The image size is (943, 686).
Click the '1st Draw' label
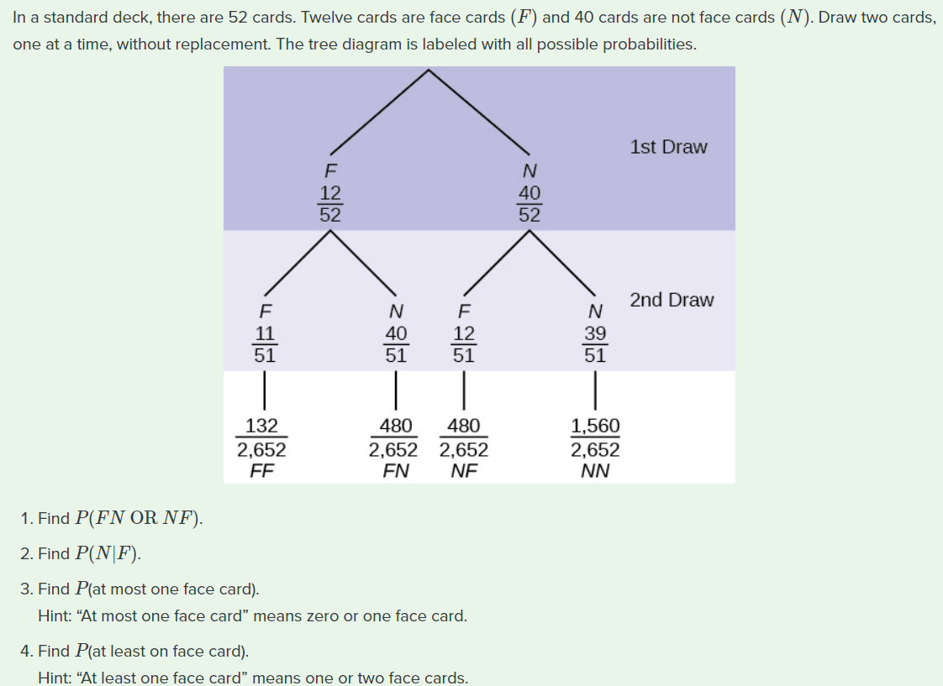click(x=668, y=147)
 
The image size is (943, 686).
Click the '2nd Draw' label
click(x=672, y=300)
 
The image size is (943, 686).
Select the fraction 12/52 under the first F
click(x=330, y=204)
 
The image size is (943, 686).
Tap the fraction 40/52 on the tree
click(x=529, y=204)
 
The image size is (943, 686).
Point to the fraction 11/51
click(x=265, y=344)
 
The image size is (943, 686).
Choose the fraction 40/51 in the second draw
click(x=396, y=344)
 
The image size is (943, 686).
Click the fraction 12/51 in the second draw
click(x=463, y=344)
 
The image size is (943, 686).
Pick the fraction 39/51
click(x=595, y=344)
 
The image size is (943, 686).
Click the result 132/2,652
click(x=261, y=437)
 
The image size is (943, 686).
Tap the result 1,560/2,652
click(x=595, y=437)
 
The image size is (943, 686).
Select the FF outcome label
click(x=261, y=470)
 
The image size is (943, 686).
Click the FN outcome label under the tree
click(x=396, y=470)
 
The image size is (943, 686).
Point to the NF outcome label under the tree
click(x=463, y=470)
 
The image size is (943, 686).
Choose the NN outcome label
click(x=595, y=470)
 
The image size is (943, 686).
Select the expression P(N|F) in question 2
click(x=108, y=553)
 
